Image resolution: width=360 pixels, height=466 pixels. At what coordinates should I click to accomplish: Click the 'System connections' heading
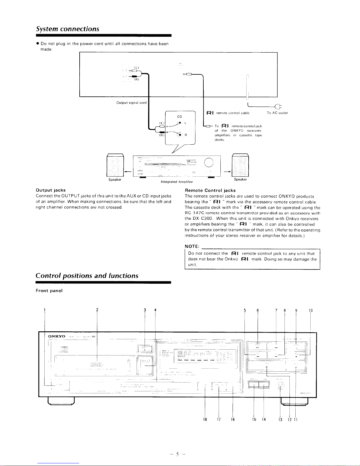(x=67, y=29)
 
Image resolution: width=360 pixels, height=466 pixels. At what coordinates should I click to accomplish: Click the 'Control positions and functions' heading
(x=87, y=276)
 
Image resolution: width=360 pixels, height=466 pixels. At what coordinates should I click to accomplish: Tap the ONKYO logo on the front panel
(x=57, y=336)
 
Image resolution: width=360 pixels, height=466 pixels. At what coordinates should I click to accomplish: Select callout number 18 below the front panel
(x=205, y=420)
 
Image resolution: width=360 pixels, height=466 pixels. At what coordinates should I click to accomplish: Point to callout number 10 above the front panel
(x=311, y=310)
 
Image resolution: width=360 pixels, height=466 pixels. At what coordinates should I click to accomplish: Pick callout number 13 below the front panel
(x=280, y=420)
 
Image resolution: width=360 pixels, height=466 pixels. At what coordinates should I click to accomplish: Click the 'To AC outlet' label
(x=277, y=113)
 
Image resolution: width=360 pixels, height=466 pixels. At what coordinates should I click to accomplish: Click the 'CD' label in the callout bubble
(x=180, y=116)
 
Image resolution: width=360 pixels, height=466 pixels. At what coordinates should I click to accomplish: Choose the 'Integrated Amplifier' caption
(x=176, y=182)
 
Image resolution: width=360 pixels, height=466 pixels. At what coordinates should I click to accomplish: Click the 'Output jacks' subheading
(x=51, y=190)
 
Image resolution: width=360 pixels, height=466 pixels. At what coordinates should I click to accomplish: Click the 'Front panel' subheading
(x=49, y=290)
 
